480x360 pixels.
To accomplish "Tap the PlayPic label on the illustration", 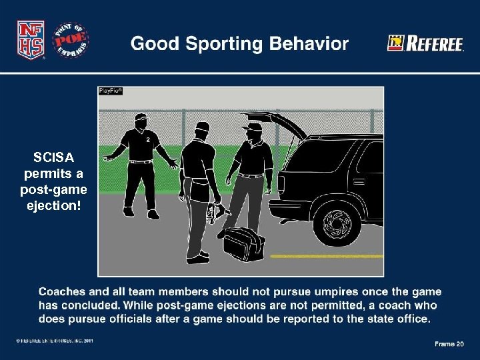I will [111, 91].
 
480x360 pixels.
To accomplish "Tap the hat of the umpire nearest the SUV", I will [253, 126].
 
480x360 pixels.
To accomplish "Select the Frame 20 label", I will [449, 344].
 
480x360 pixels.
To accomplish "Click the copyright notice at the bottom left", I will [55, 341].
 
